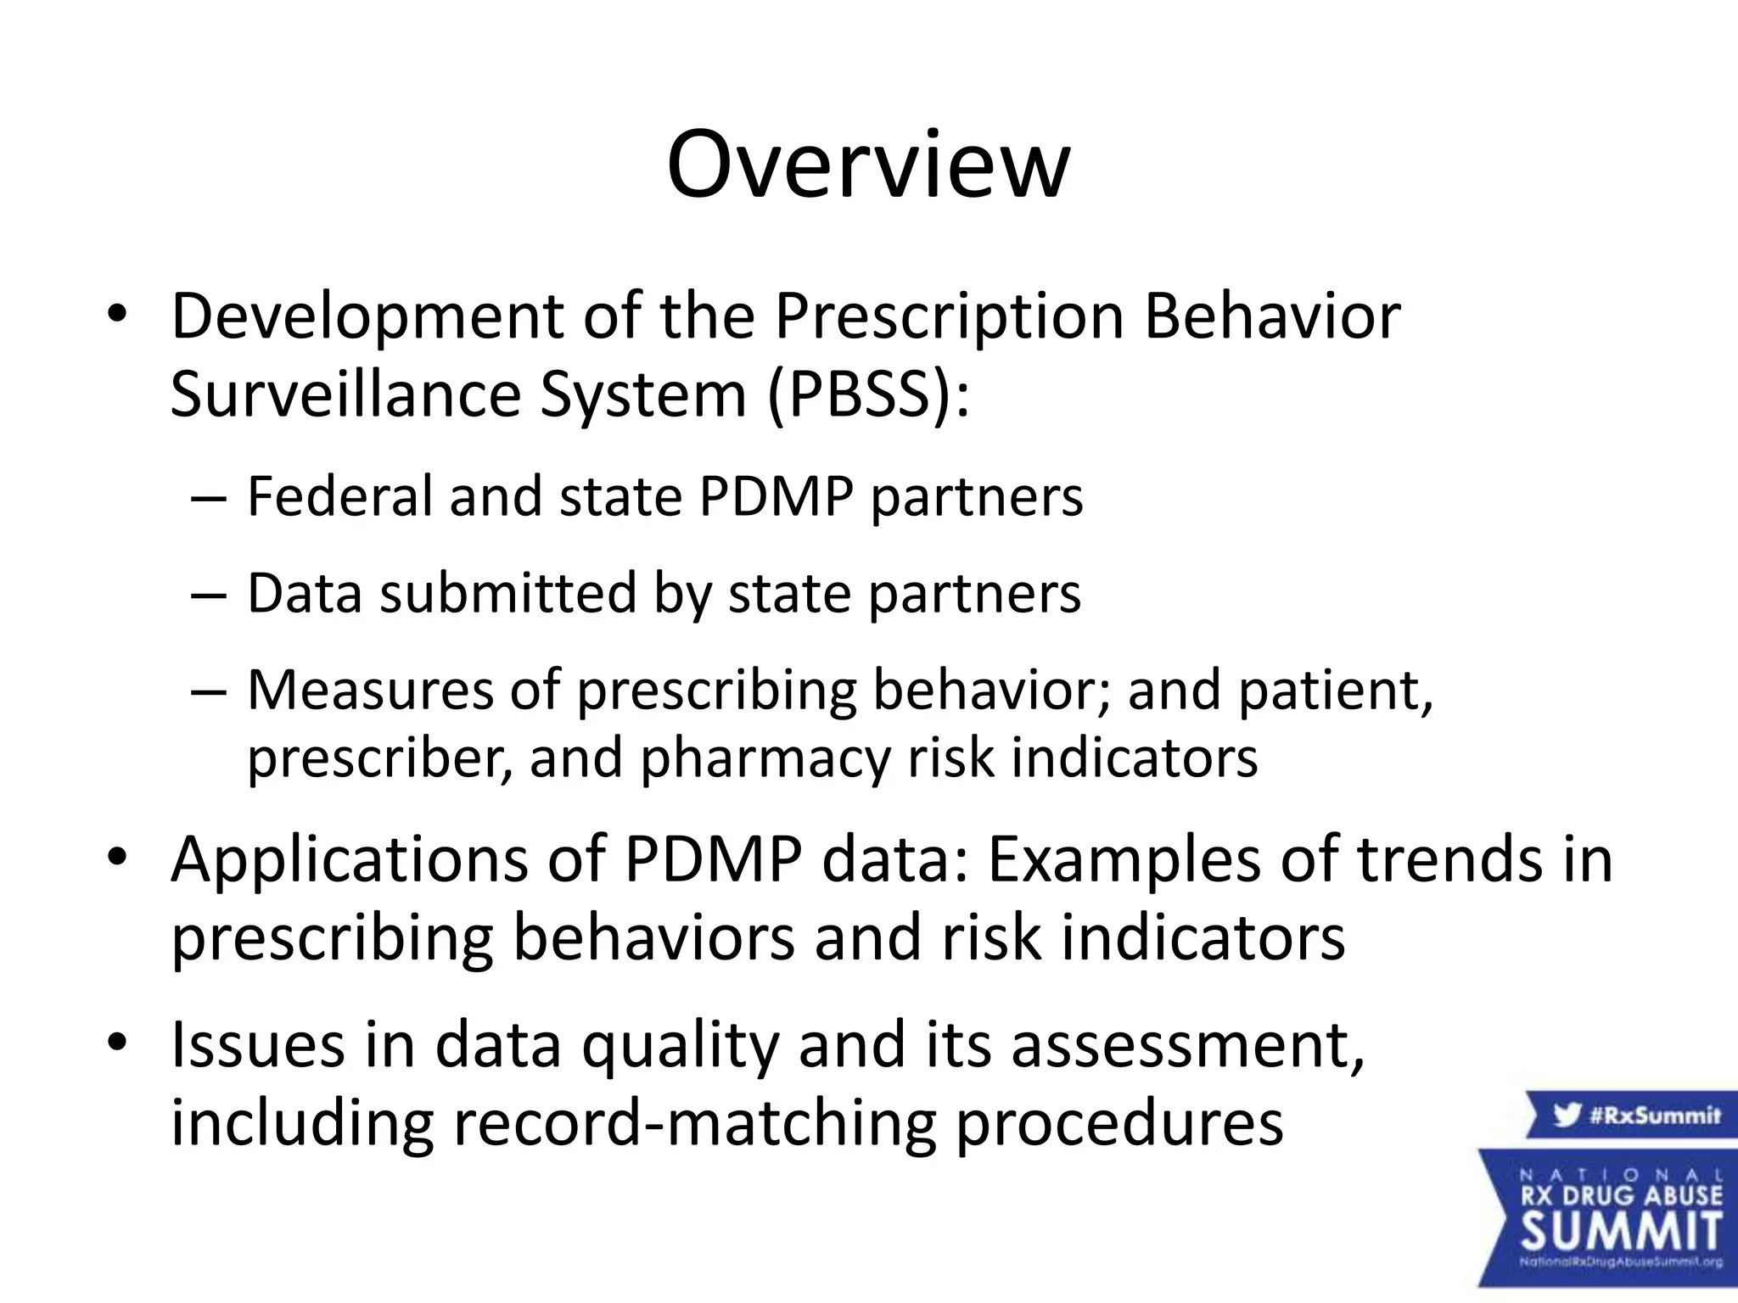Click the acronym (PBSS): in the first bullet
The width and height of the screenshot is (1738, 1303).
(867, 394)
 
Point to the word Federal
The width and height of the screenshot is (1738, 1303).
(339, 496)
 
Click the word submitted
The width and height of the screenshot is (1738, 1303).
(507, 593)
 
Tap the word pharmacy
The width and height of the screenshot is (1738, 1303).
(765, 758)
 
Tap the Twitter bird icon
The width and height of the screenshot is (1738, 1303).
(1567, 1115)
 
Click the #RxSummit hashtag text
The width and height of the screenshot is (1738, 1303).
(1654, 1115)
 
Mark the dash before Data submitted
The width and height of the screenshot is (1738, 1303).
(209, 595)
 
